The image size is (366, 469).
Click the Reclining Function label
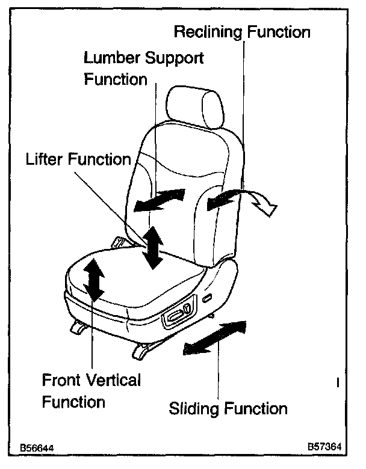tap(241, 31)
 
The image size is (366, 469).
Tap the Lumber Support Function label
tap(143, 69)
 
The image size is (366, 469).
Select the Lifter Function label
tap(78, 159)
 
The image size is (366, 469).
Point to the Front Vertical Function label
tap(91, 391)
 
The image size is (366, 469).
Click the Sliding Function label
tap(228, 409)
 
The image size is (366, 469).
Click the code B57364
tap(324, 447)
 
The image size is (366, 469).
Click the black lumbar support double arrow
tap(158, 200)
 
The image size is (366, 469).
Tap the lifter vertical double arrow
tap(153, 247)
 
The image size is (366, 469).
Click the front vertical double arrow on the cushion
tap(94, 278)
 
